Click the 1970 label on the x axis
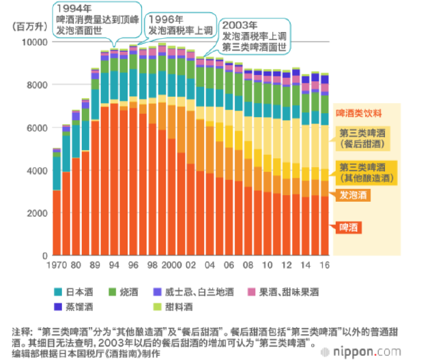(x=57, y=265)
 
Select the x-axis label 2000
(x=171, y=265)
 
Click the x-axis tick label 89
(x=95, y=265)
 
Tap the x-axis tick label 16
(x=324, y=265)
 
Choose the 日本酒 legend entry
(x=87, y=292)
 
